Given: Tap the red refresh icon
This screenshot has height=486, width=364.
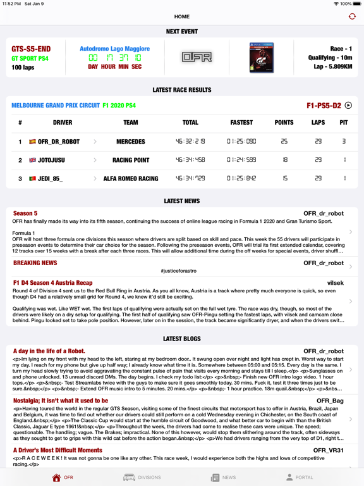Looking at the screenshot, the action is (x=352, y=16).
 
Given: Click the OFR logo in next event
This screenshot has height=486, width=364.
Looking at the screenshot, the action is (x=197, y=58).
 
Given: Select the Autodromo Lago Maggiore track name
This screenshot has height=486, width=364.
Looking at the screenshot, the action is (x=114, y=49).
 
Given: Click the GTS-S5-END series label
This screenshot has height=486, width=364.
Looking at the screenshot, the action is (x=31, y=49).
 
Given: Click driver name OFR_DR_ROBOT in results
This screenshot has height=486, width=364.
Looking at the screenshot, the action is (x=59, y=142).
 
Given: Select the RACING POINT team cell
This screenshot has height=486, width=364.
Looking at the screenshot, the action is (x=130, y=160).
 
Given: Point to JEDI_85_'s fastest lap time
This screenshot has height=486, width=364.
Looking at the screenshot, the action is (x=241, y=178).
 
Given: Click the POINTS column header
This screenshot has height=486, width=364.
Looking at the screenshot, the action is (x=284, y=123).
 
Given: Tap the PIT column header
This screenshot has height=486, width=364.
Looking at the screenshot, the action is (x=344, y=123).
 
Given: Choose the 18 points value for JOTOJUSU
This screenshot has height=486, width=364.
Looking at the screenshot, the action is (x=284, y=160).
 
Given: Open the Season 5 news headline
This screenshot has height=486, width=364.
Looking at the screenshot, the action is (x=25, y=214).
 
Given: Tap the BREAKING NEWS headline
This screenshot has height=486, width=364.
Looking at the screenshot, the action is (x=35, y=263).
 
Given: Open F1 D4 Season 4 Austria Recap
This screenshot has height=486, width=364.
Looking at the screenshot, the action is (x=52, y=283).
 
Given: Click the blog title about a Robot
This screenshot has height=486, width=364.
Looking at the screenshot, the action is (x=49, y=351).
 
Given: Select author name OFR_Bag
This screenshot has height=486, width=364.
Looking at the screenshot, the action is (x=330, y=401).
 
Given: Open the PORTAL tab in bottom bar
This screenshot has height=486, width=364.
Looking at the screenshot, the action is (x=299, y=477).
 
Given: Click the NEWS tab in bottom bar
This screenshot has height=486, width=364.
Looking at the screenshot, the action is (x=223, y=477).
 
